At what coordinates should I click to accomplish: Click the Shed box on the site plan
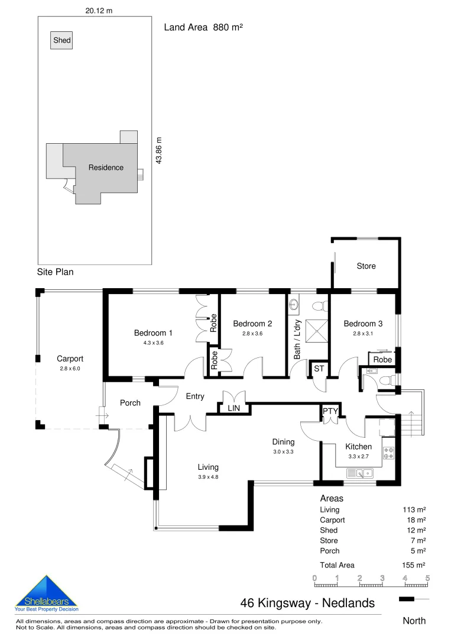[x=62, y=41]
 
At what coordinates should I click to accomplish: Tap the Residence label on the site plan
[x=106, y=167]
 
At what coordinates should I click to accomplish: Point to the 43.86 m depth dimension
[x=158, y=151]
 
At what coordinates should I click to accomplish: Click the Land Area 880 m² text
[x=203, y=27]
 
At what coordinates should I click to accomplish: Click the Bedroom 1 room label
[x=153, y=333]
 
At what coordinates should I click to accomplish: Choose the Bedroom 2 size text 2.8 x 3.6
[x=252, y=334]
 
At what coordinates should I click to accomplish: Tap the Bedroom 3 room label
[x=363, y=324]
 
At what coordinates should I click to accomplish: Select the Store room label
[x=366, y=266]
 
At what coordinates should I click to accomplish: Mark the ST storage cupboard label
[x=319, y=369]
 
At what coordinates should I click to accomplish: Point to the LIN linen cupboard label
[x=233, y=408]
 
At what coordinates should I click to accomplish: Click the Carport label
[x=70, y=359]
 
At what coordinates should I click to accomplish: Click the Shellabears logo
[x=46, y=593]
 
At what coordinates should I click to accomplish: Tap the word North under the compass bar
[x=414, y=621]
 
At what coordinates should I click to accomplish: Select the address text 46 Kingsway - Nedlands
[x=307, y=603]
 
